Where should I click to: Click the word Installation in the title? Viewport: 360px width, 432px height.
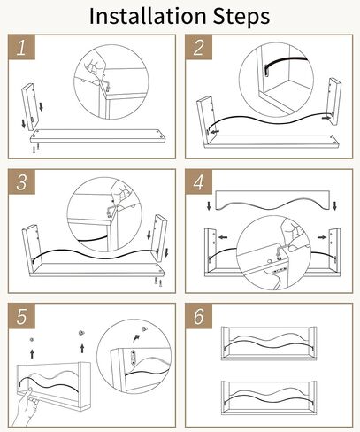[148, 16]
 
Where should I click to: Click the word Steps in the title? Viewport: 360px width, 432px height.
[241, 18]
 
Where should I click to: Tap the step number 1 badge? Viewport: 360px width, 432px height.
[21, 47]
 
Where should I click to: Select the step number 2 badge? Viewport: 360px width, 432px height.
[199, 47]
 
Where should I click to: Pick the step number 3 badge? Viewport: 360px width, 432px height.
[21, 181]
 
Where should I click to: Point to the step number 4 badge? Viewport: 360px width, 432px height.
[199, 181]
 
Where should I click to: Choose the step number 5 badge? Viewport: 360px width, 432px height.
[21, 316]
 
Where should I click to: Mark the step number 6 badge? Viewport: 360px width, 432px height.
[199, 316]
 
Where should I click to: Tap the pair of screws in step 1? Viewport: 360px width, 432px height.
[36, 148]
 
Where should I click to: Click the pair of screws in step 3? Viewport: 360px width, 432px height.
[158, 282]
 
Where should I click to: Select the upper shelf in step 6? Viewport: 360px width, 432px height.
[269, 343]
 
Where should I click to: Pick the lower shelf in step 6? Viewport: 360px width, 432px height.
[269, 397]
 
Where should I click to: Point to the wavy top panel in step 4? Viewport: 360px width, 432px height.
[272, 200]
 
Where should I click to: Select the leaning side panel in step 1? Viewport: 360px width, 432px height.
[30, 107]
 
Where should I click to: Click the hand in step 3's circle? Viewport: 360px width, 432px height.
[121, 190]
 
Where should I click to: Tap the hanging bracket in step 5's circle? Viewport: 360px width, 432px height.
[134, 358]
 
